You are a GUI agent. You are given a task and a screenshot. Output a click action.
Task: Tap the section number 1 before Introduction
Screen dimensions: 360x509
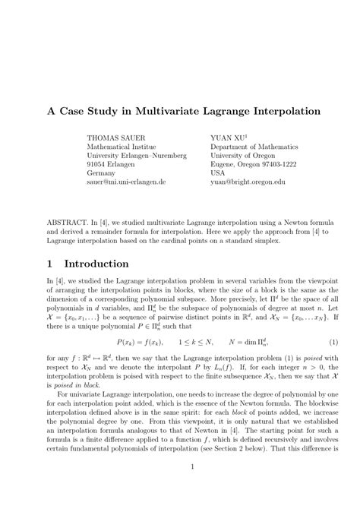pyautogui.click(x=49, y=264)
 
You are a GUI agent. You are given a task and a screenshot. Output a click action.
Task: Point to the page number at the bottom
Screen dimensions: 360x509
pyautogui.click(x=180, y=488)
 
